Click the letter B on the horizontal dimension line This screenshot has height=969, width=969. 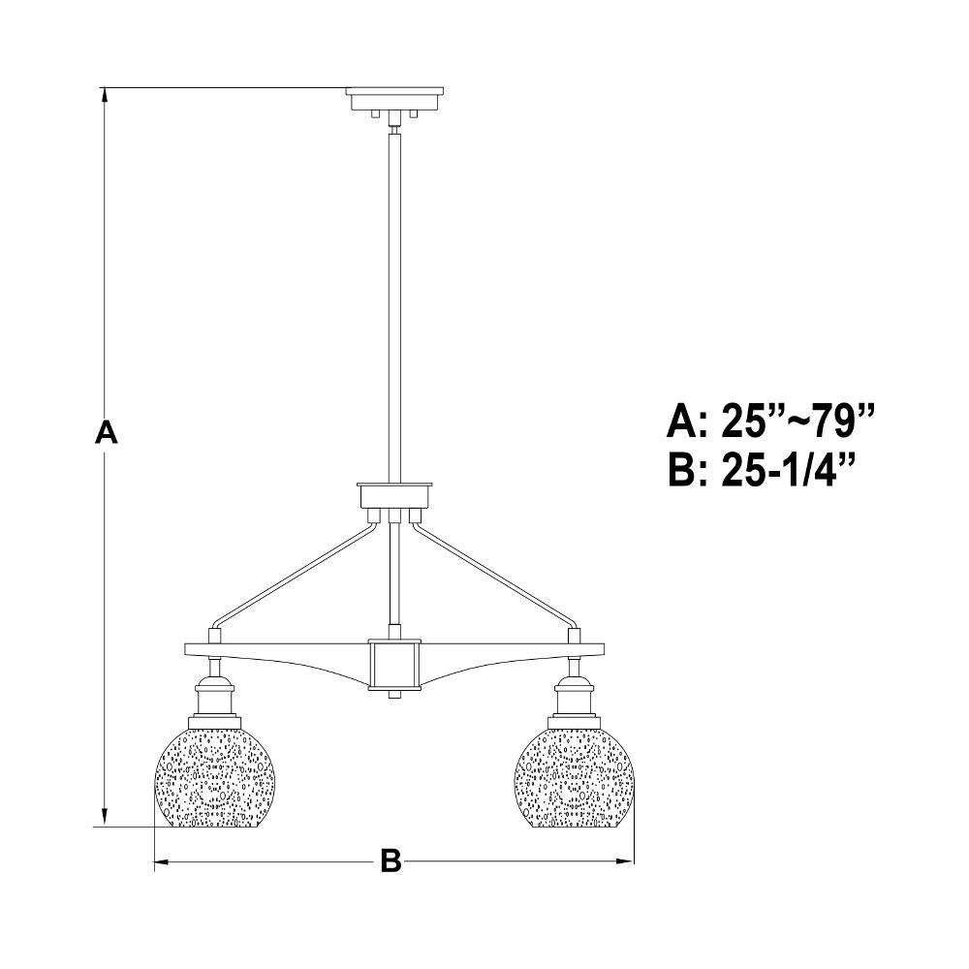click(391, 860)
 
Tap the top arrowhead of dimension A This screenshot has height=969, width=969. click(106, 95)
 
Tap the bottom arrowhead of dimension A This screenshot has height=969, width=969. click(106, 818)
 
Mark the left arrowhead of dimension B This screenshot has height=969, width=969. click(161, 860)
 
